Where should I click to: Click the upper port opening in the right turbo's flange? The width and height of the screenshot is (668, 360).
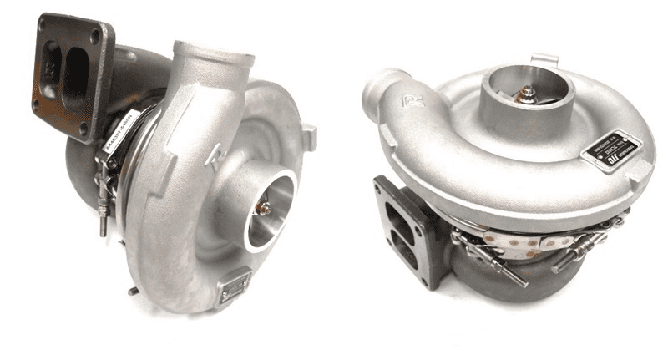(x=392, y=207)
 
